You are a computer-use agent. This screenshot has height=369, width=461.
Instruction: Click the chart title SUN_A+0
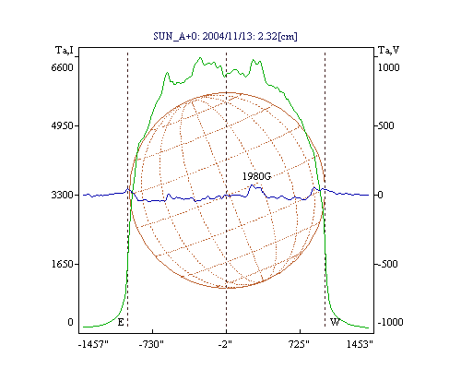tap(173, 37)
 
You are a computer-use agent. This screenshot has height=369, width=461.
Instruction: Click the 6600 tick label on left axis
tap(63, 67)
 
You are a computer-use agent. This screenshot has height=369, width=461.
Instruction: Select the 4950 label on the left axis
tap(63, 125)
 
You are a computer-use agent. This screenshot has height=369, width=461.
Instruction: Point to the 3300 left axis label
tap(63, 195)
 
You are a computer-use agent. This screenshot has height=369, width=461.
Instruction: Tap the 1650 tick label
tap(63, 264)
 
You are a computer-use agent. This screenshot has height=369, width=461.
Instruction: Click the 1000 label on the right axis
tap(388, 67)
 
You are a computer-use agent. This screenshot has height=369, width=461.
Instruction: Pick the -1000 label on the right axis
tap(390, 322)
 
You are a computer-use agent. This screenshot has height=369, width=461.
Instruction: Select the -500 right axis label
tap(388, 264)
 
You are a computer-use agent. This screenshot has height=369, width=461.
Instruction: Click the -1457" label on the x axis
tap(93, 344)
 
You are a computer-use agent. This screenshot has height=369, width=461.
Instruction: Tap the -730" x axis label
tap(151, 344)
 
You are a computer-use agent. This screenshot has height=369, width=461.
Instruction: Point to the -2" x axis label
tap(225, 344)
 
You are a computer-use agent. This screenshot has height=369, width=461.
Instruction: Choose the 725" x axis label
tap(299, 344)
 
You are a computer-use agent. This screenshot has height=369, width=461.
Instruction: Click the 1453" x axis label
tap(360, 344)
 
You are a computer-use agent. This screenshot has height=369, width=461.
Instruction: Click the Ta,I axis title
tap(65, 50)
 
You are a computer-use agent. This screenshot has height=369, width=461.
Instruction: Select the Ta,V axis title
tap(388, 50)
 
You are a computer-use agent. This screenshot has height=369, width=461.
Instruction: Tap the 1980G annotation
tap(257, 176)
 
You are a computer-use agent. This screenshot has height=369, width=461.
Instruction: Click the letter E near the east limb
tap(121, 322)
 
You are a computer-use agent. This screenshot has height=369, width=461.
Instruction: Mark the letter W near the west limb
tap(335, 322)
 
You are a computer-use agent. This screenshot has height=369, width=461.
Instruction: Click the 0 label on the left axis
tap(70, 322)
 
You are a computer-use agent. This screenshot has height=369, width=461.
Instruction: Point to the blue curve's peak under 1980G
tap(252, 184)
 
